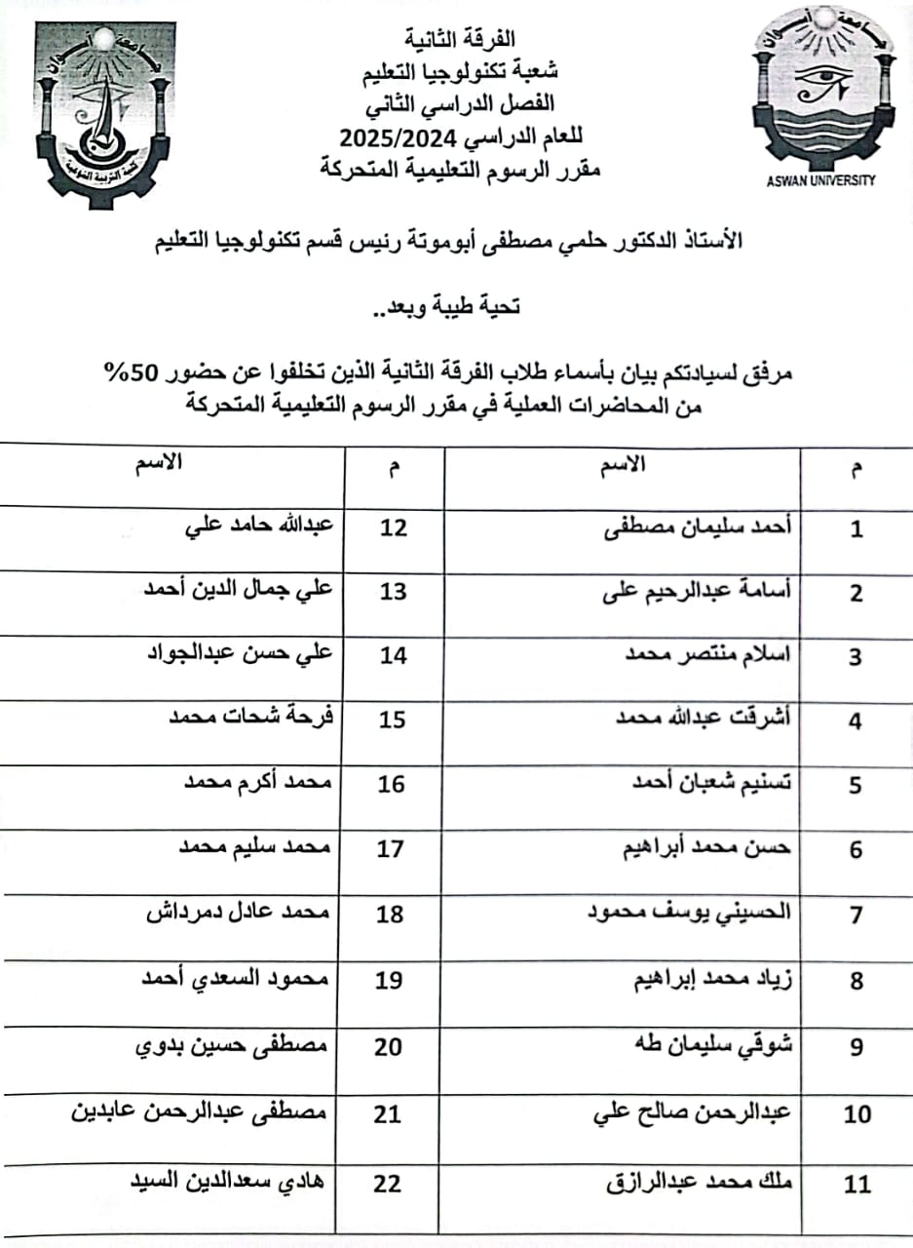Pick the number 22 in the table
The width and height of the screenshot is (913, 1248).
[387, 1184]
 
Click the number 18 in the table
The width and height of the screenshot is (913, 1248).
[390, 915]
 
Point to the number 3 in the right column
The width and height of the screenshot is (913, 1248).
[856, 657]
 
